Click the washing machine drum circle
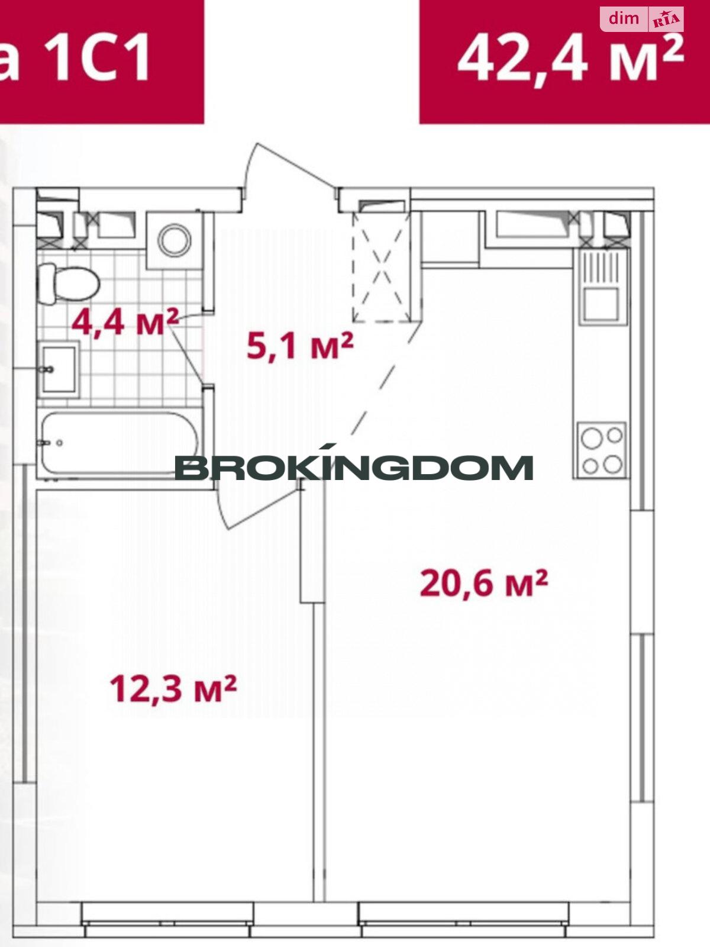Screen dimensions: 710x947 [x=174, y=240]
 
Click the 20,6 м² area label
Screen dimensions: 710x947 [x=483, y=583]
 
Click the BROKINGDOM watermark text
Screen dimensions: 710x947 [x=353, y=468]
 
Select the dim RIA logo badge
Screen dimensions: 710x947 [x=642, y=20]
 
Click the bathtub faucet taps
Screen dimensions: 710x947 [x=50, y=443]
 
